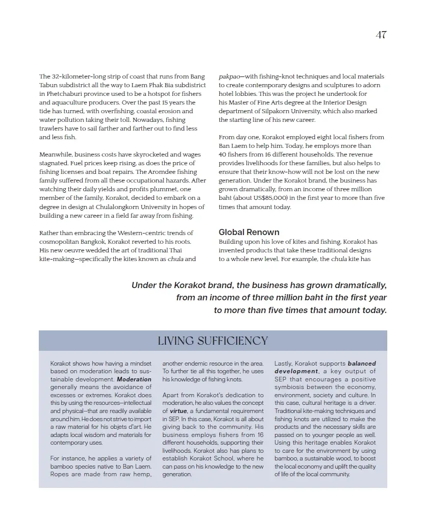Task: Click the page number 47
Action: tap(381, 35)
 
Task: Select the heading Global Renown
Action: tap(249, 232)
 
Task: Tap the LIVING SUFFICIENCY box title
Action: tap(213, 341)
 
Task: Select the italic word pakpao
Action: tap(231, 76)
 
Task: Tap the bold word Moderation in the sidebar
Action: tap(134, 379)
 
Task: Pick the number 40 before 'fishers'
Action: tap(222, 154)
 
